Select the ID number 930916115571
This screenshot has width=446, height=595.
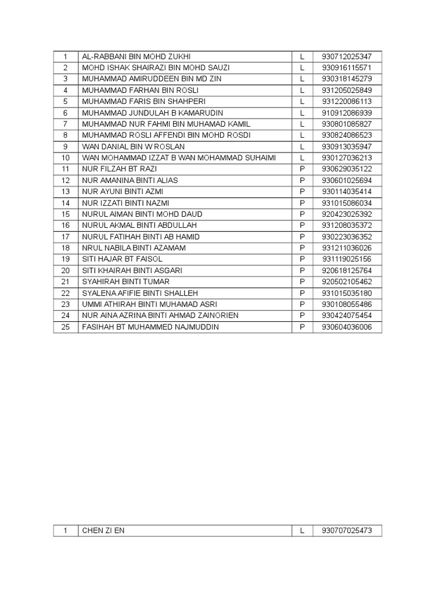point(347,67)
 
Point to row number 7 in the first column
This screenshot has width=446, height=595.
point(66,124)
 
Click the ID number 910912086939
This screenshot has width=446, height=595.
point(347,113)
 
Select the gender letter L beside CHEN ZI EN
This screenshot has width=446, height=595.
point(302,531)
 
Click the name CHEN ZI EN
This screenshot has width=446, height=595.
point(103,531)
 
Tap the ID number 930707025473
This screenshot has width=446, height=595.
point(347,531)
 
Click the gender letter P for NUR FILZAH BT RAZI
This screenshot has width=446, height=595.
point(302,169)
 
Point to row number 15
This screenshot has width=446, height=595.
point(66,214)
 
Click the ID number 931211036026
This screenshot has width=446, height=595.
point(347,248)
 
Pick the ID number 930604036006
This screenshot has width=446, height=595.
point(347,327)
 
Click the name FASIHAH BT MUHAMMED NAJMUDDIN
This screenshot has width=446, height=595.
point(150,327)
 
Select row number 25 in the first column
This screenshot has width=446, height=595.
point(66,327)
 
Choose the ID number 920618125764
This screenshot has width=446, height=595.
point(347,271)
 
